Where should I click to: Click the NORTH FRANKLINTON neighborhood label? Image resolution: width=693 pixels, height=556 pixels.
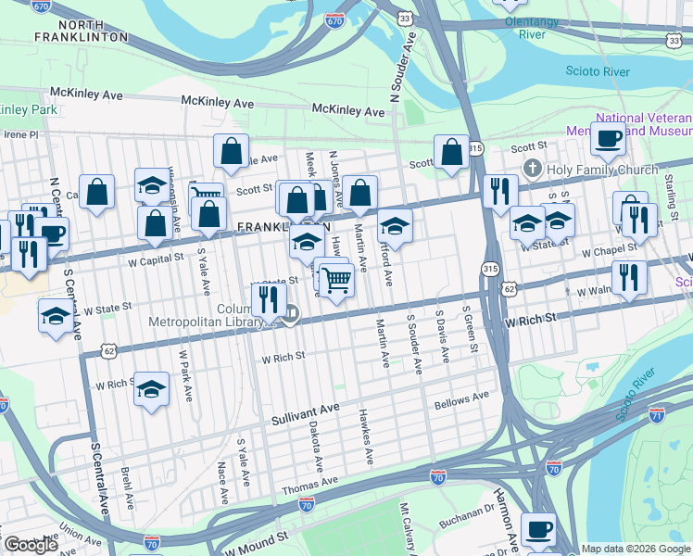coord(83,30)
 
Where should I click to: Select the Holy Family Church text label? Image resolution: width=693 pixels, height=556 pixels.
coord(602,170)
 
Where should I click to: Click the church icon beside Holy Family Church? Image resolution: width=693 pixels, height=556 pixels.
coord(532,169)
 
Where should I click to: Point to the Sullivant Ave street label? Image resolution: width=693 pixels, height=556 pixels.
coord(306,413)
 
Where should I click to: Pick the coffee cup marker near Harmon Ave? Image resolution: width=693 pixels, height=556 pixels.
coord(538,530)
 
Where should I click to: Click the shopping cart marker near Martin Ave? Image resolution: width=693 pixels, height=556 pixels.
coord(336,278)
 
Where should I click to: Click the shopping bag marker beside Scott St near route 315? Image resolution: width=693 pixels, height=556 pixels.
coord(451,153)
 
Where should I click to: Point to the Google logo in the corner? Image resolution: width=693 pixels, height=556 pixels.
coord(31,545)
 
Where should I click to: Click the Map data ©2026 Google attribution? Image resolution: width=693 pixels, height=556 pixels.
coord(636,549)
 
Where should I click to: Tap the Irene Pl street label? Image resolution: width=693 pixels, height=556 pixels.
coord(20,134)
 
